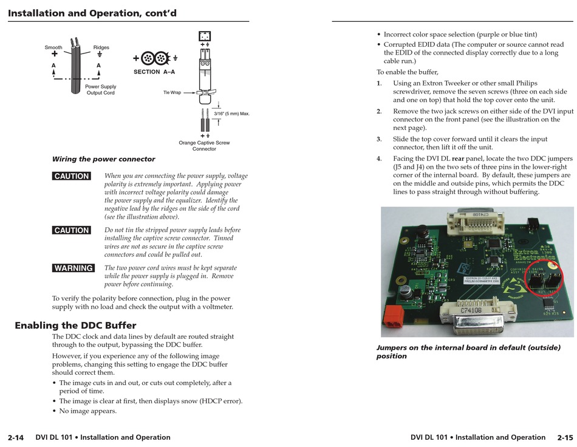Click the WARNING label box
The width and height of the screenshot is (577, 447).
coord(73,268)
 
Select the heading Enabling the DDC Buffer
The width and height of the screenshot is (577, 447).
coord(75,325)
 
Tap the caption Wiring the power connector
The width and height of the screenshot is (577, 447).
coord(103,159)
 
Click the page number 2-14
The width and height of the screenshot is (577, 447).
coord(16,437)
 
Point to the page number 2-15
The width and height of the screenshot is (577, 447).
coord(564,437)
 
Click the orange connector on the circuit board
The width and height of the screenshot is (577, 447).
coord(392,316)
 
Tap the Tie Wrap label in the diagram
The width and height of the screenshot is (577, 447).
coord(172,92)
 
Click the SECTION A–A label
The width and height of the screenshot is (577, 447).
coord(154,72)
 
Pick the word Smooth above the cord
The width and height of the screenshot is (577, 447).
coord(53,47)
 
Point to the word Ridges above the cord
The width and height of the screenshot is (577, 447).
coord(101,47)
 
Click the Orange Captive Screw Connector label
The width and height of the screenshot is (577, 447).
coord(204,146)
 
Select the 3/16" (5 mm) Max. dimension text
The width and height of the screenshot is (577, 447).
coord(232,114)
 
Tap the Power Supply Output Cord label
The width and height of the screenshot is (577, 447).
coord(100,90)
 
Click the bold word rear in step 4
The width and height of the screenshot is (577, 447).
coord(458,159)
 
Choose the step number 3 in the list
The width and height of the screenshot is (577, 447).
coord(378,138)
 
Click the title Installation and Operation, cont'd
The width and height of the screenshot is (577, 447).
coord(92,13)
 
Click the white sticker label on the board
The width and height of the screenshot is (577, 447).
coord(482,281)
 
